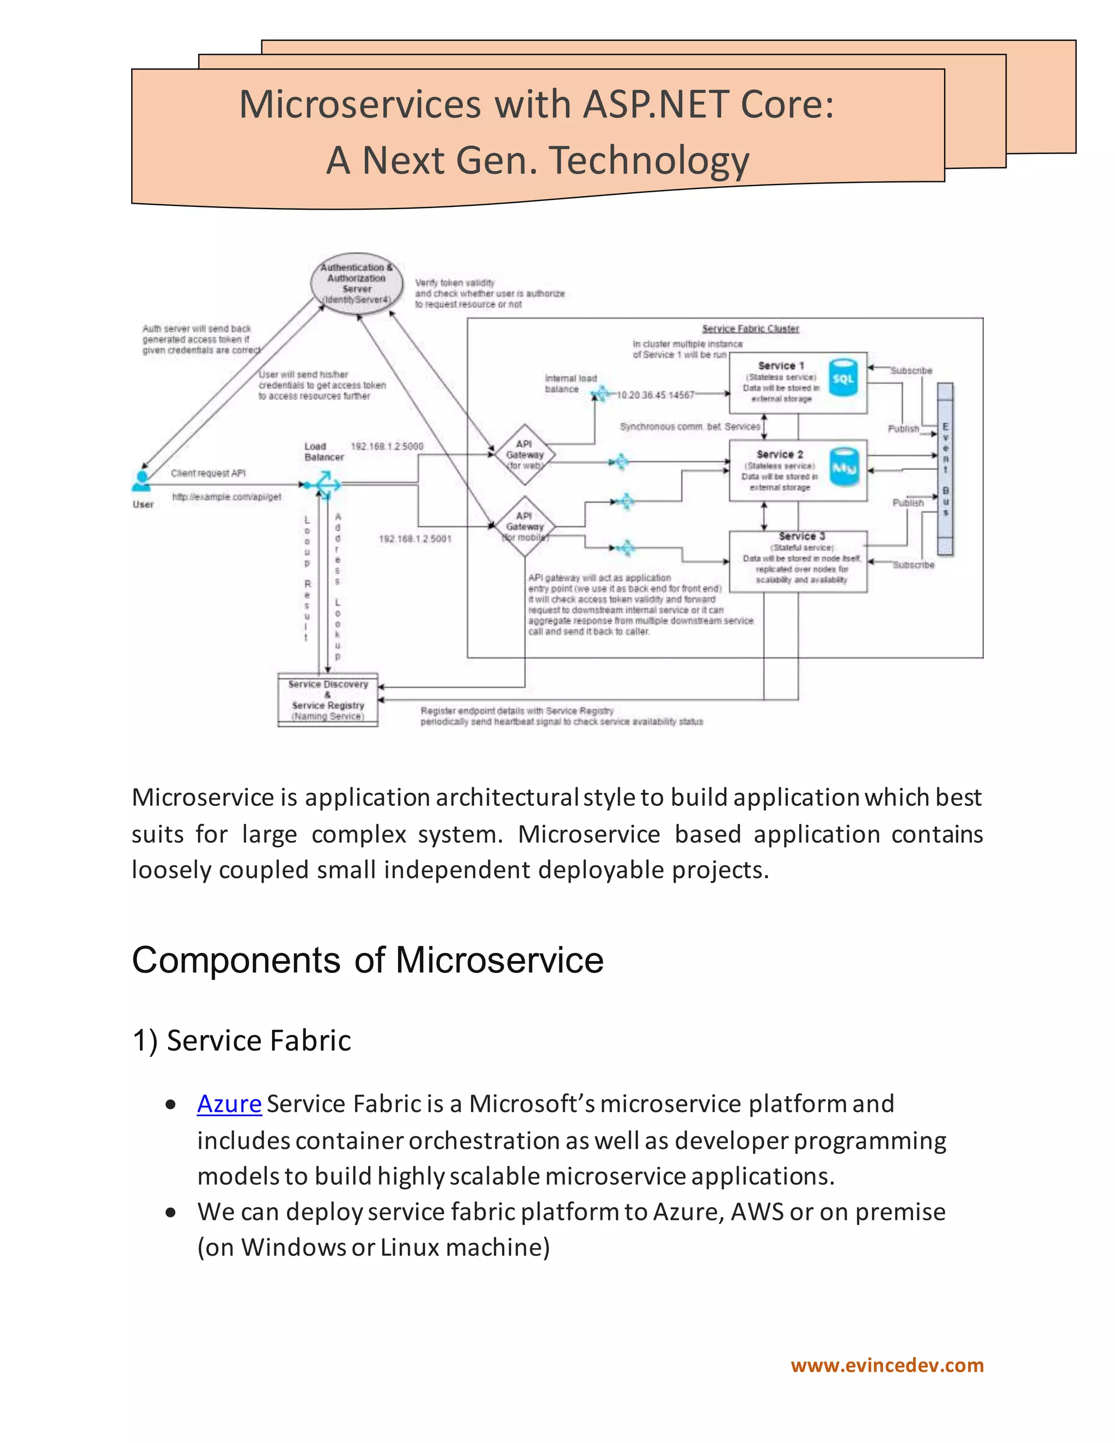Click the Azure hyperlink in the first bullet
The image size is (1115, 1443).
coord(229,1104)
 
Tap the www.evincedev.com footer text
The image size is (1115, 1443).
coord(887,1366)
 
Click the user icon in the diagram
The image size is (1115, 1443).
coord(142,481)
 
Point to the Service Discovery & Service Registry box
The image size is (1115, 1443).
coord(328,700)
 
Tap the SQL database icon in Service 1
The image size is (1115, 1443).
coord(843,378)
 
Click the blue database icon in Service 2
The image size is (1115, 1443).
coord(843,467)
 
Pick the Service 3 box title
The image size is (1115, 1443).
coord(801,536)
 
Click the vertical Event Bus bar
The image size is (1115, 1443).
coord(945,469)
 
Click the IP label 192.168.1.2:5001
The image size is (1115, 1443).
coord(415,539)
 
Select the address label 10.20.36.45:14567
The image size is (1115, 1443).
coord(655,395)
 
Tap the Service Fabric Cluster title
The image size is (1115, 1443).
coord(750,329)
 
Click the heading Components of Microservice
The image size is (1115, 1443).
coord(367,960)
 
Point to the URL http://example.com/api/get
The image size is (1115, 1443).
coord(226,497)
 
